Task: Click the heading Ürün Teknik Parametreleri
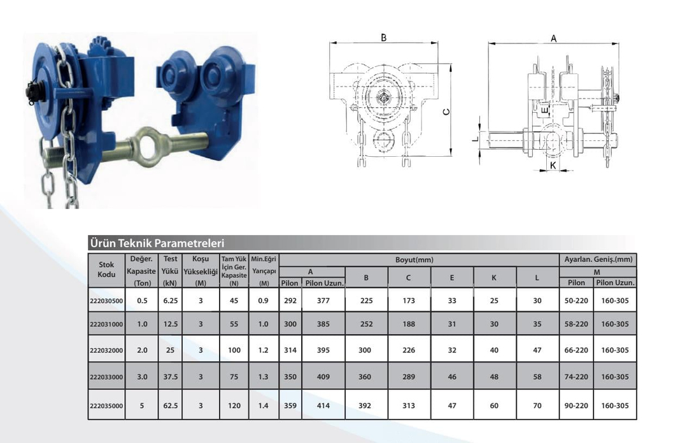(x=157, y=243)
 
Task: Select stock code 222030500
(x=106, y=301)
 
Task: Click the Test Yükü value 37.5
(x=170, y=377)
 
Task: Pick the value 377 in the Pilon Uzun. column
(x=323, y=301)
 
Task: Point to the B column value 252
(x=367, y=324)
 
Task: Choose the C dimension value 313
(x=409, y=406)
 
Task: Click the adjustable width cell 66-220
(x=576, y=351)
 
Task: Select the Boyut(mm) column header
(x=414, y=260)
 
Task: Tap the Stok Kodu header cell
(x=106, y=270)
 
